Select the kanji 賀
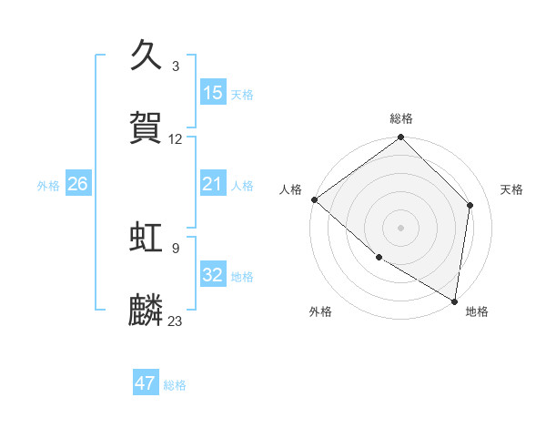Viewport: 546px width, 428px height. (147, 127)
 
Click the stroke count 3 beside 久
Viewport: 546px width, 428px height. (176, 66)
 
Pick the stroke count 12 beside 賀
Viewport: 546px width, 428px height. (176, 139)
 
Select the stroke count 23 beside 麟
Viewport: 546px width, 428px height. (176, 321)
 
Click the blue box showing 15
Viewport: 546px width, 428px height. (213, 93)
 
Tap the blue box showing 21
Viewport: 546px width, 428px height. (213, 185)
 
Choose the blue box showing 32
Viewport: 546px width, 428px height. (213, 275)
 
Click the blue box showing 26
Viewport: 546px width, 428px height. (77, 185)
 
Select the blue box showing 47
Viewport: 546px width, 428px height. (146, 383)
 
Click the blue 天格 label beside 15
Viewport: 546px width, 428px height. (242, 94)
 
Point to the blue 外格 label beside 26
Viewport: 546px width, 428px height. (48, 186)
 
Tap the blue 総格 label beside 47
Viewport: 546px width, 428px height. (175, 385)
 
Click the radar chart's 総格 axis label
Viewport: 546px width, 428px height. (401, 118)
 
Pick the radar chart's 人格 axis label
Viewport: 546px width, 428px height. (291, 189)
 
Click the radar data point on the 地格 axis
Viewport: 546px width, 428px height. (454, 301)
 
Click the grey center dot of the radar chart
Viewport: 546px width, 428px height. (400, 228)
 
